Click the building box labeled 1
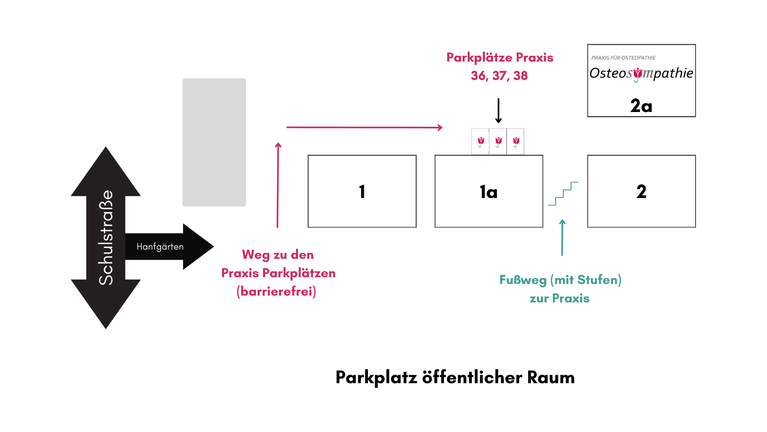[362, 191]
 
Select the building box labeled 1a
[489, 191]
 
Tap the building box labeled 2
[642, 191]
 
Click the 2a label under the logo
[641, 106]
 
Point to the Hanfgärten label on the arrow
[160, 246]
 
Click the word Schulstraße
[106, 238]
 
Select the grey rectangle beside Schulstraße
[214, 142]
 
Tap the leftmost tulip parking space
[480, 142]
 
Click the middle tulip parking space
[498, 142]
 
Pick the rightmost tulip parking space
[515, 142]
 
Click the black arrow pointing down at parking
[498, 111]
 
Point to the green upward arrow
[562, 238]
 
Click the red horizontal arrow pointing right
[364, 128]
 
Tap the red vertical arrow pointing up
[278, 185]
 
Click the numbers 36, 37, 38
[499, 76]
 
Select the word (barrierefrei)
[276, 291]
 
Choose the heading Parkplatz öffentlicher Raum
[455, 377]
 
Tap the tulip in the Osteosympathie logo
[638, 74]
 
